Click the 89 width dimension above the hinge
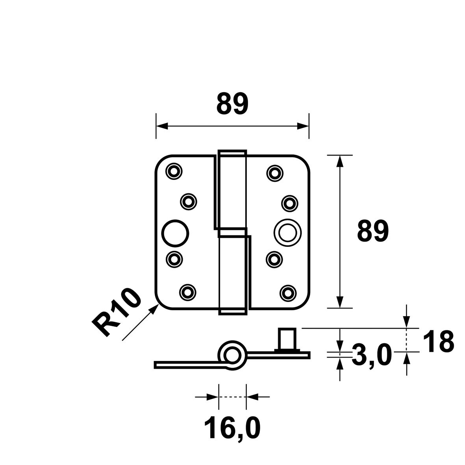pyautogui.click(x=232, y=104)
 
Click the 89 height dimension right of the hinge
pyautogui.click(x=373, y=231)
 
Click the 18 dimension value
pyautogui.click(x=438, y=341)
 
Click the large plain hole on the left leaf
pyautogui.click(x=176, y=233)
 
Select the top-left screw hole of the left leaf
pyautogui.click(x=174, y=171)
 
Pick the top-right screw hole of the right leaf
pyautogui.click(x=275, y=173)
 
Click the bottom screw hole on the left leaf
pyautogui.click(x=188, y=293)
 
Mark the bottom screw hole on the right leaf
pyautogui.click(x=288, y=293)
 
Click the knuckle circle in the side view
pyautogui.click(x=232, y=355)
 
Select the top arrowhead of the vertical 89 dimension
pyautogui.click(x=340, y=161)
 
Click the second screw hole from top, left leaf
pyautogui.click(x=189, y=202)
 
